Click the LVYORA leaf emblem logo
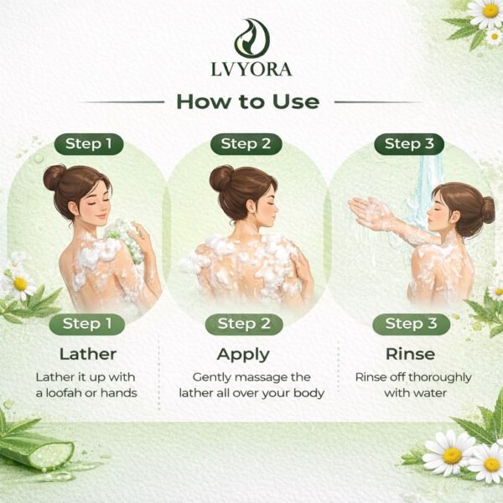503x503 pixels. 251,39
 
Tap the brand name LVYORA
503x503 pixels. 251,70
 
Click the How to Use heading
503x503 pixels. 248,101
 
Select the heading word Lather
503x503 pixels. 88,354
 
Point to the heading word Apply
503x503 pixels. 243,355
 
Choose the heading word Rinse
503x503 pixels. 410,354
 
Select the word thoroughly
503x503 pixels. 440,378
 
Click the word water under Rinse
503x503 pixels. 432,393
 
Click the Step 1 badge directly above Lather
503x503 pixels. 87,324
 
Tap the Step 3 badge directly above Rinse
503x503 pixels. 412,324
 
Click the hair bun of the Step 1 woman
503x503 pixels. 54,177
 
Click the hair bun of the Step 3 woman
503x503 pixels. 488,210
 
